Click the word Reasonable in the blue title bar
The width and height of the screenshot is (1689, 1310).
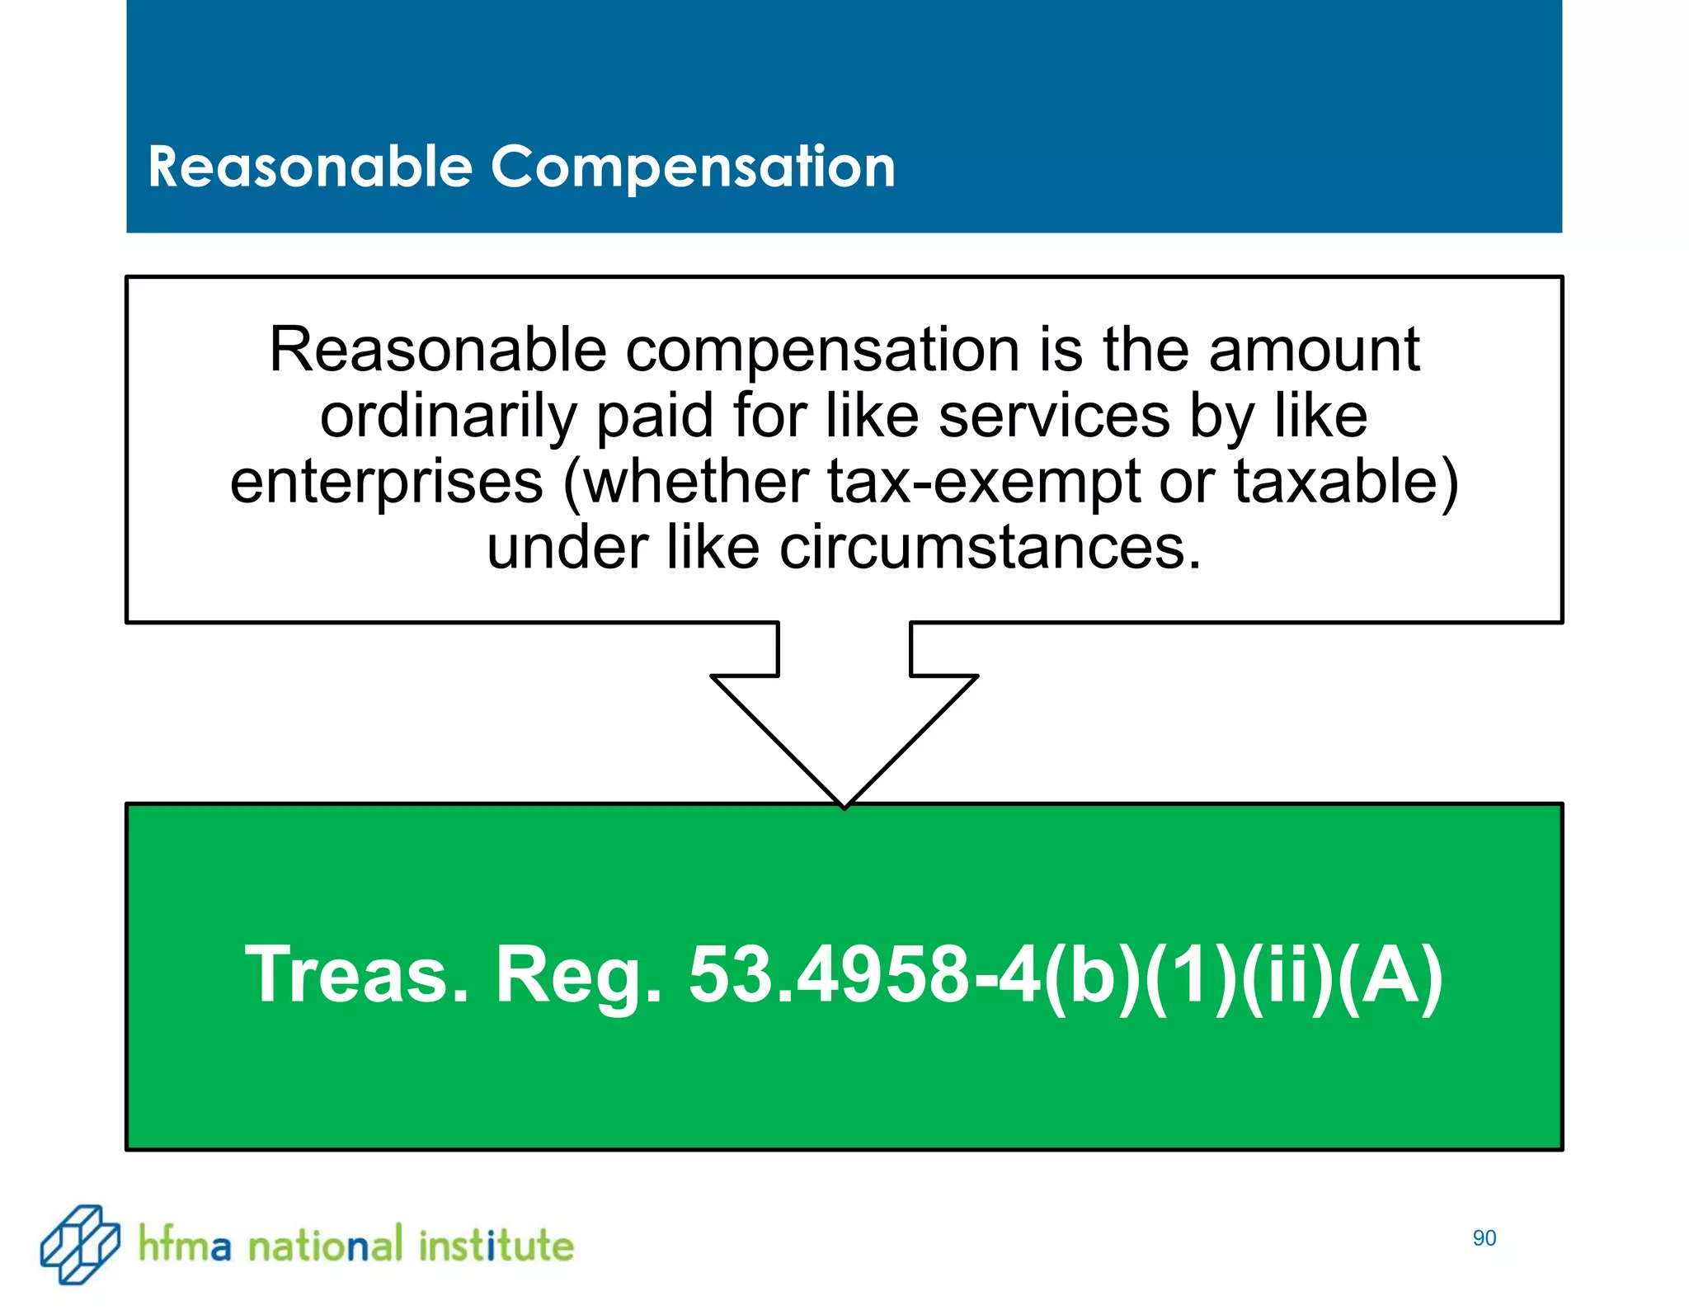tap(310, 168)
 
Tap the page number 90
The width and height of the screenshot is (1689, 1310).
tap(1484, 1238)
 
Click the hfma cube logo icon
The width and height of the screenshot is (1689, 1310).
tap(80, 1244)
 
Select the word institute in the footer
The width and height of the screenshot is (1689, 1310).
tap(496, 1245)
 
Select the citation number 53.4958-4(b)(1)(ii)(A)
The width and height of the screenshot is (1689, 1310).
tap(1066, 976)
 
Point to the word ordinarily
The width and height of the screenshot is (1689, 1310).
tap(448, 417)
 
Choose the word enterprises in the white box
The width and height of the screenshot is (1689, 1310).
tap(386, 482)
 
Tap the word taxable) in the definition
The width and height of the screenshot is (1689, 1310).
tap(1346, 482)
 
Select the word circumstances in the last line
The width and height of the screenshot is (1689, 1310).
tap(990, 548)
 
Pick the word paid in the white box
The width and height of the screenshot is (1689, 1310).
tap(654, 416)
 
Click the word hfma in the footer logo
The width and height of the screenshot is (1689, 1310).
tap(184, 1245)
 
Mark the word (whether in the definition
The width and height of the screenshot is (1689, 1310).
tap(685, 482)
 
